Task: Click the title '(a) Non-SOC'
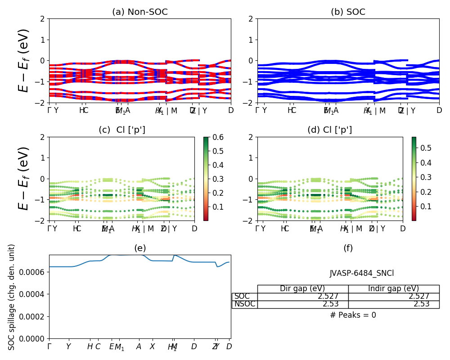click(140, 12)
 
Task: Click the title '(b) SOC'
click(348, 12)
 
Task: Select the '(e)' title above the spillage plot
click(140, 248)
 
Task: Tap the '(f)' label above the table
click(348, 248)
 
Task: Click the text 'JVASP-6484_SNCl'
click(362, 273)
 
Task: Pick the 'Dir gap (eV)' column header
click(302, 289)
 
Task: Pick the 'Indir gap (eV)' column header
click(393, 289)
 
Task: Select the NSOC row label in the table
click(244, 304)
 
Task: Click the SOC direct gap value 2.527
click(328, 297)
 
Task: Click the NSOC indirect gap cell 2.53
click(422, 304)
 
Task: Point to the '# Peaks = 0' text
click(353, 315)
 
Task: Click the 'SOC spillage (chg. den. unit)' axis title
click(12, 297)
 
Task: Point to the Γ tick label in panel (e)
click(49, 347)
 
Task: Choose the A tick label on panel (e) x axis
click(139, 347)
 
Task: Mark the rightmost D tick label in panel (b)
click(439, 110)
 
